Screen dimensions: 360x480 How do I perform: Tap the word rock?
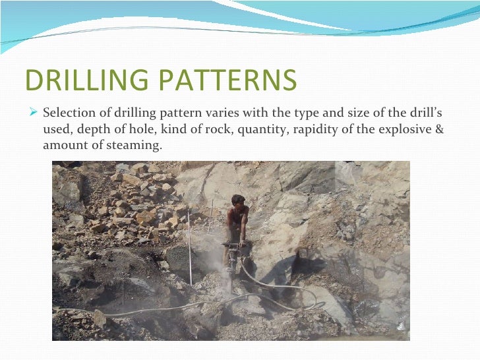pos(204,129)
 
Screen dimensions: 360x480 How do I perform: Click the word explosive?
pos(403,129)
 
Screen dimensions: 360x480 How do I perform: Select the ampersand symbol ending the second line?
pos(440,129)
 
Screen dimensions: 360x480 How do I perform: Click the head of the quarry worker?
pos(238,200)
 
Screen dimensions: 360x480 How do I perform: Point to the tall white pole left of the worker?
pos(189,248)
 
